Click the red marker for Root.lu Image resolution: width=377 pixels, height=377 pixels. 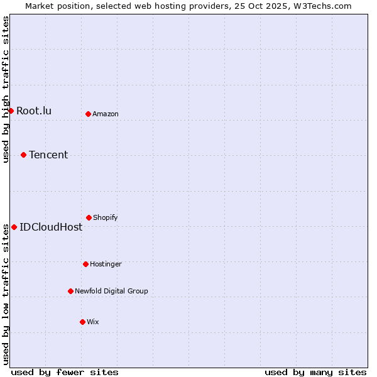[11, 111]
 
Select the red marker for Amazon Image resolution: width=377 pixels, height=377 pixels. [89, 114]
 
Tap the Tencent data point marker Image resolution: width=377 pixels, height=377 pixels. [24, 155]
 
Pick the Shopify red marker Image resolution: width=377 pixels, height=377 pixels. [89, 217]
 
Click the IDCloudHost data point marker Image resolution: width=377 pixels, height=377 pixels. [14, 227]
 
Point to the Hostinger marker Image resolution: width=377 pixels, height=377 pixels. [86, 264]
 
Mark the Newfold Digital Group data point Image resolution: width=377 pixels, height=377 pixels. [71, 291]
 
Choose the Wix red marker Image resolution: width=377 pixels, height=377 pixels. [83, 322]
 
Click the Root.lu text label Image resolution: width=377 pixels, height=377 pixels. [34, 111]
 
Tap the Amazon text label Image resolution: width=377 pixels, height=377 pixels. [106, 114]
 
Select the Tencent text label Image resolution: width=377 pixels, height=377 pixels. [48, 155]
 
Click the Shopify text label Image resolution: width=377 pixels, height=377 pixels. [106, 217]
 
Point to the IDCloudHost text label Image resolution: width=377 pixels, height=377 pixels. [51, 227]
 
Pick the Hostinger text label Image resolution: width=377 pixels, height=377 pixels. [106, 264]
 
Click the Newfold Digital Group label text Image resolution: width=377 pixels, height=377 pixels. [111, 291]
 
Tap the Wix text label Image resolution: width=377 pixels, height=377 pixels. [93, 322]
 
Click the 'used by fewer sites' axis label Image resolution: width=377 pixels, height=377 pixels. [65, 372]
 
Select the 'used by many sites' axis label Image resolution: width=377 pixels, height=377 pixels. [315, 372]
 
